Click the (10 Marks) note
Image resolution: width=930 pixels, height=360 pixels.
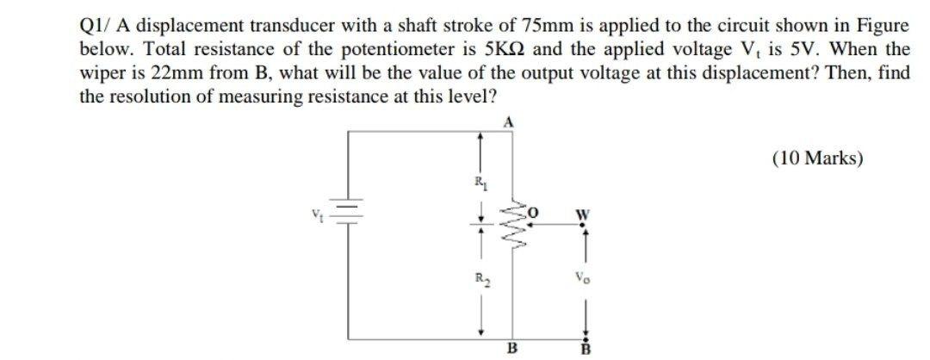[817, 158]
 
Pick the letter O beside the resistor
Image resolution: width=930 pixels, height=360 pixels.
[534, 208]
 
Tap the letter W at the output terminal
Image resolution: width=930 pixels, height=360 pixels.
[582, 214]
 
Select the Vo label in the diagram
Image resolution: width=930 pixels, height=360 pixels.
[581, 279]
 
